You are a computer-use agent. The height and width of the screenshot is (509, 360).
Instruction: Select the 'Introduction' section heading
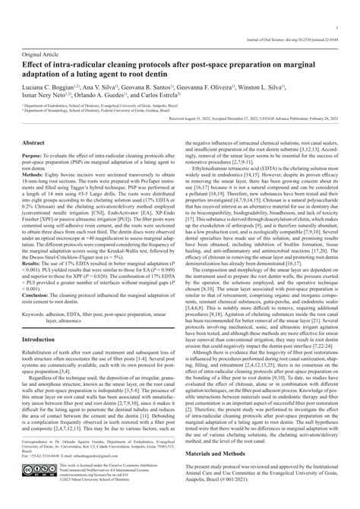[x=43, y=340]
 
